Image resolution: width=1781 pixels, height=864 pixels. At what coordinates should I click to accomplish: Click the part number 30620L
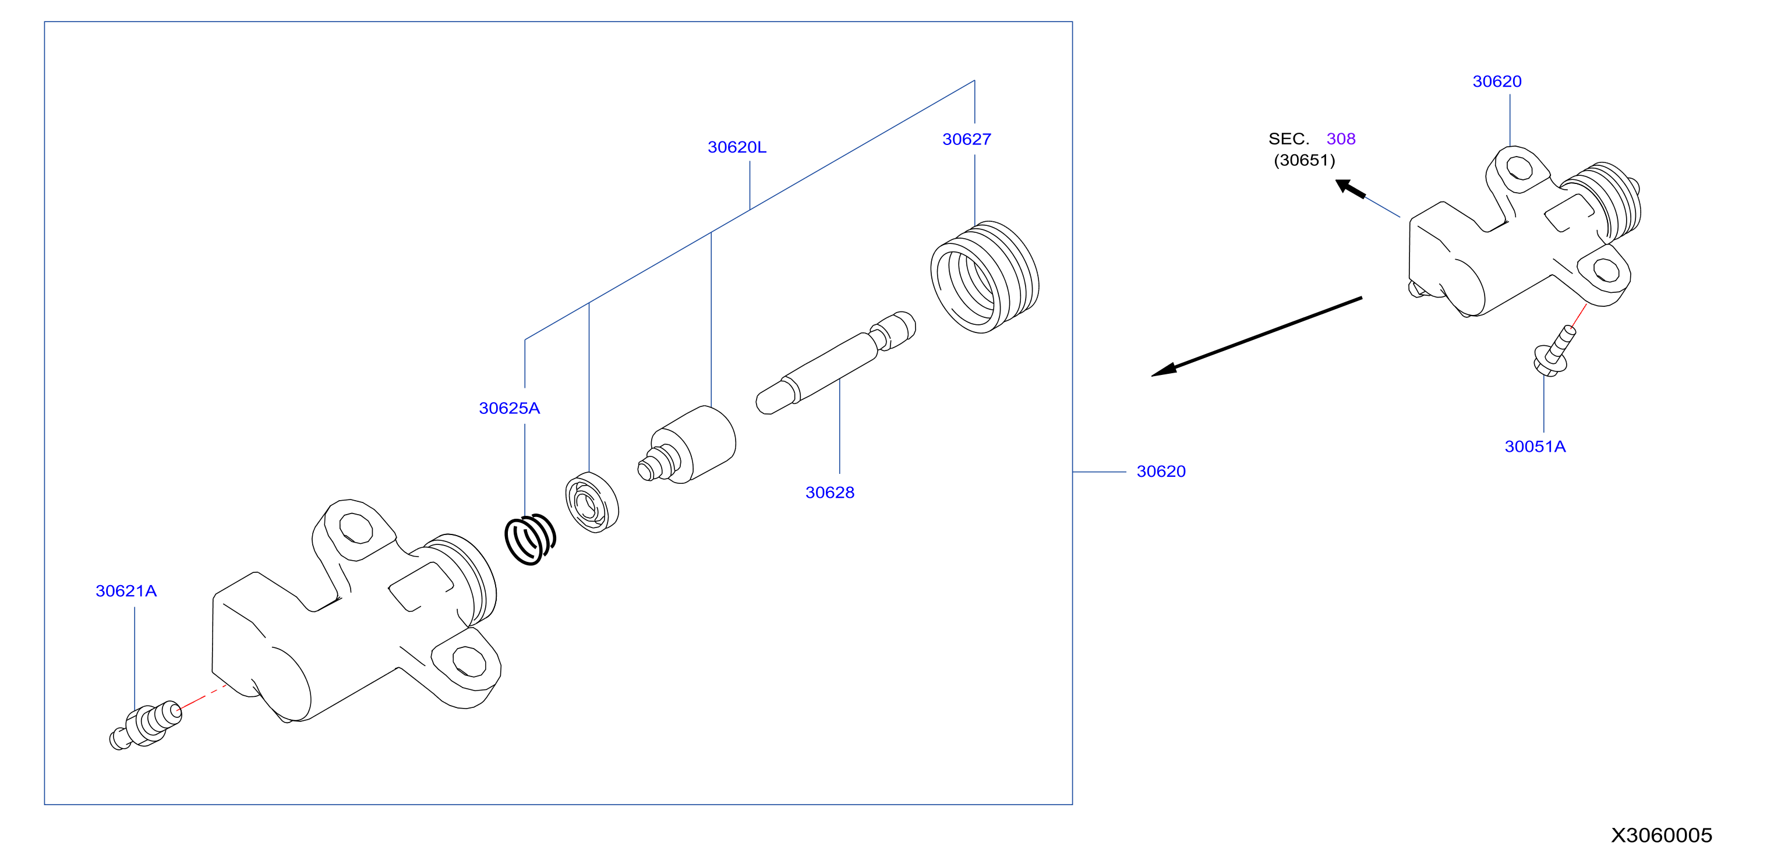(x=737, y=147)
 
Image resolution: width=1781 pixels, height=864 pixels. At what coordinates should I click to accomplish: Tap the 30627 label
(x=967, y=140)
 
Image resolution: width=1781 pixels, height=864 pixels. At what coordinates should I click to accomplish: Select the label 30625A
(x=510, y=409)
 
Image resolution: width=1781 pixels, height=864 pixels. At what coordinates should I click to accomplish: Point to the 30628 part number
(x=830, y=493)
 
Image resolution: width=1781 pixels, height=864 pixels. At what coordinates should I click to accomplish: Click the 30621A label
(x=126, y=591)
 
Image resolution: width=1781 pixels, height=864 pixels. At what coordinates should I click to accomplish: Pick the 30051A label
(x=1535, y=447)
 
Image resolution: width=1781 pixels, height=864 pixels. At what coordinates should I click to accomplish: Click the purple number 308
(x=1341, y=139)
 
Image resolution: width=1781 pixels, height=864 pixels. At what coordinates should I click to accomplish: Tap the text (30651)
(x=1305, y=160)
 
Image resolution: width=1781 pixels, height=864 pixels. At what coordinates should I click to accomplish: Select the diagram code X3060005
(x=1662, y=835)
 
